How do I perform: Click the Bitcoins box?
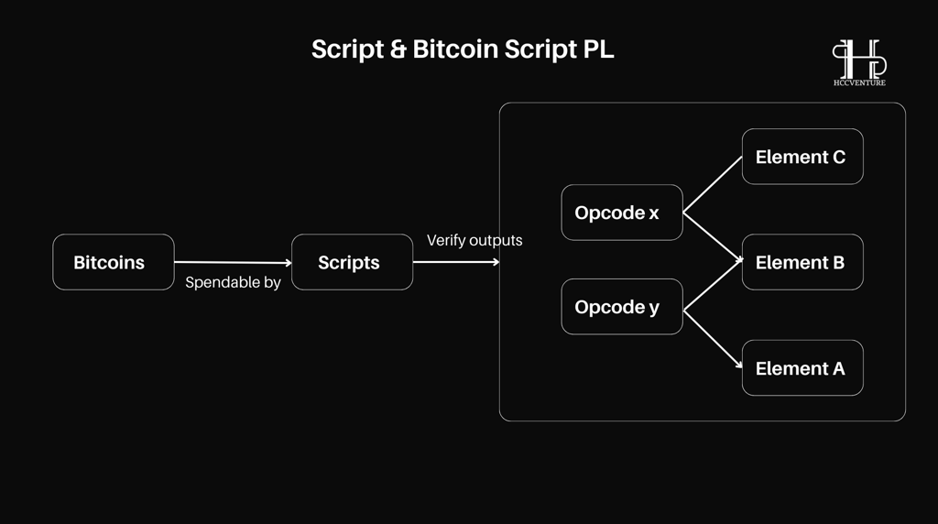[x=114, y=262]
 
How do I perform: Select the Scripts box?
[x=353, y=262]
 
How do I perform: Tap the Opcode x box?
[x=622, y=213]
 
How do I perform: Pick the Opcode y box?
[x=622, y=307]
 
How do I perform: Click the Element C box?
[x=802, y=157]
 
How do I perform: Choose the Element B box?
[x=802, y=262]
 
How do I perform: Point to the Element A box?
[x=802, y=368]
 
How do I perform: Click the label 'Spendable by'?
[x=233, y=282]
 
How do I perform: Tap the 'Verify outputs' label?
[x=474, y=240]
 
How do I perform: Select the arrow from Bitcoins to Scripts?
[x=233, y=262]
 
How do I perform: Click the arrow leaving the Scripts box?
[x=456, y=261]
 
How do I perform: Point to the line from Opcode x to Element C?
[x=713, y=185]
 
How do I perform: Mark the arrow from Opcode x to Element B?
[x=713, y=237]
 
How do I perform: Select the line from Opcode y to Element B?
[x=713, y=285]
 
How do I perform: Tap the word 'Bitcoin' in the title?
[x=455, y=49]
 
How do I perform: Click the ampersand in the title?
[x=398, y=49]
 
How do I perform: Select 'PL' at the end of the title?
[x=598, y=49]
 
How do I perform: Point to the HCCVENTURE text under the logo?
[x=859, y=83]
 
